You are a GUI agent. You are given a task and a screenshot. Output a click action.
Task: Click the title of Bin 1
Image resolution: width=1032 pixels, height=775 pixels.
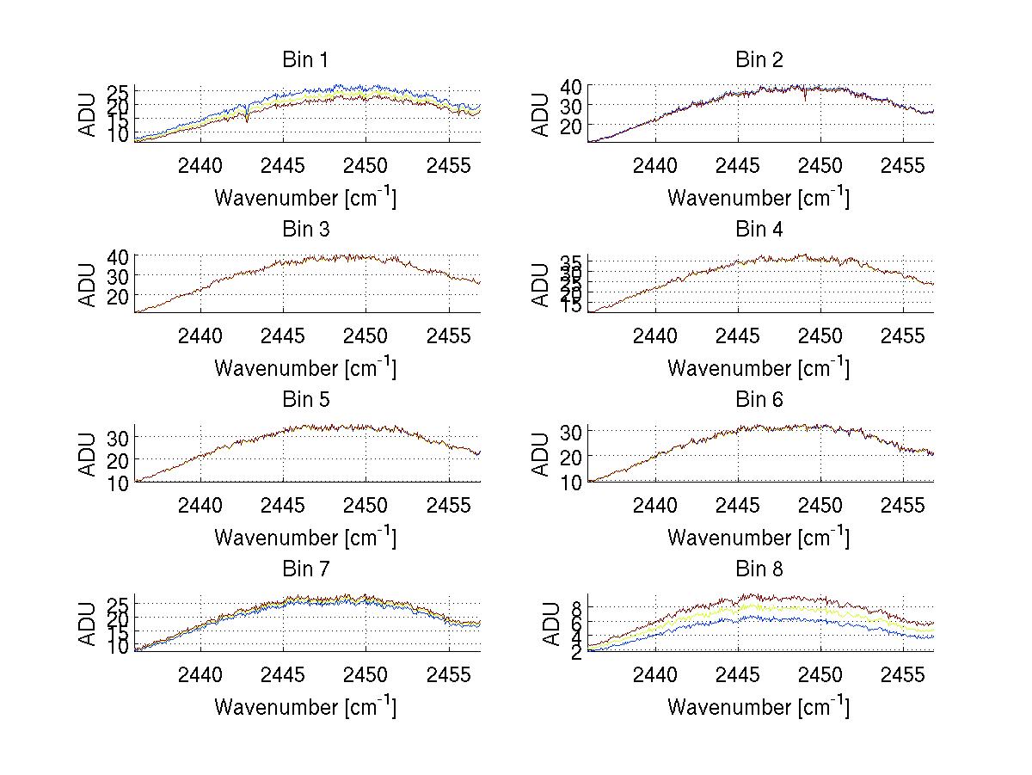[305, 60]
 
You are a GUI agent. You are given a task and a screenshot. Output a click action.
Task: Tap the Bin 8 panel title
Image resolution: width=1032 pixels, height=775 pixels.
[759, 569]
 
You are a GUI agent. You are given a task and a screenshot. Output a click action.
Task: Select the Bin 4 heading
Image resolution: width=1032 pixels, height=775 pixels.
[759, 230]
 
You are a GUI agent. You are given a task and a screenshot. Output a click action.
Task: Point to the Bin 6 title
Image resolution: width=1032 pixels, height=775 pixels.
[759, 400]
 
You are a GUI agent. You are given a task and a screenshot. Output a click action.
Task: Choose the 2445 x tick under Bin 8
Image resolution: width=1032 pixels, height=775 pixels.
[737, 674]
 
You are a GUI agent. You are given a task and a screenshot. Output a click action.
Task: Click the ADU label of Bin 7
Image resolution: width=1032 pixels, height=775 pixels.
[88, 624]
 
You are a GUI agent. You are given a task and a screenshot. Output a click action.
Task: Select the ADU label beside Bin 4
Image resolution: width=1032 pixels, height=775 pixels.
[541, 285]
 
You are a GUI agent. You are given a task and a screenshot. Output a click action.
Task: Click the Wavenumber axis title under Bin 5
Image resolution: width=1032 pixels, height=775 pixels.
[305, 538]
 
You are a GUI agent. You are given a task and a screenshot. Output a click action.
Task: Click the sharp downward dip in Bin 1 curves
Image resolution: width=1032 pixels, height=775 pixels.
[247, 119]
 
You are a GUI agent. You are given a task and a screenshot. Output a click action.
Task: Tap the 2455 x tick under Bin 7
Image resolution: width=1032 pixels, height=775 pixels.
[449, 674]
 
